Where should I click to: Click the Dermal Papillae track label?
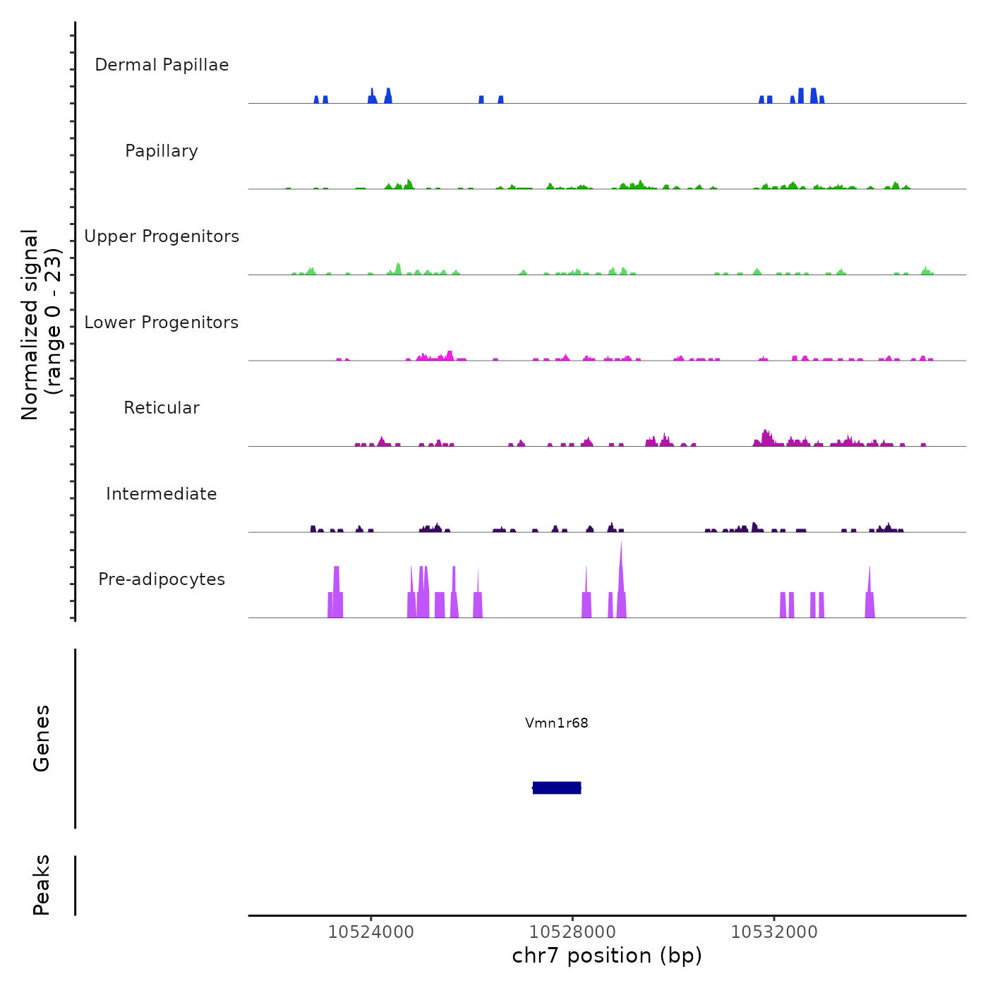pyautogui.click(x=162, y=65)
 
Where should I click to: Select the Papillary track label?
pyautogui.click(x=162, y=151)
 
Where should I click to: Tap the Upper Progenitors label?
pyautogui.click(x=162, y=236)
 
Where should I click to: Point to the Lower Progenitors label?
pyautogui.click(x=162, y=323)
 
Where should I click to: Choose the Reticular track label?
pyautogui.click(x=162, y=408)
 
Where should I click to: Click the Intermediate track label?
pyautogui.click(x=162, y=494)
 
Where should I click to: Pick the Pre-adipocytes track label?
pyautogui.click(x=162, y=579)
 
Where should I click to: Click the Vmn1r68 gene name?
pyautogui.click(x=556, y=723)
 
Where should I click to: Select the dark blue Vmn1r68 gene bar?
pyautogui.click(x=557, y=788)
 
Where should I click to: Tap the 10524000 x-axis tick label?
pyautogui.click(x=371, y=932)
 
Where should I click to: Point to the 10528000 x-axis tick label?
pyautogui.click(x=572, y=932)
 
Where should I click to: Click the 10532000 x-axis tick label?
pyautogui.click(x=774, y=932)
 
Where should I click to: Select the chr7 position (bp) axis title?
pyautogui.click(x=607, y=956)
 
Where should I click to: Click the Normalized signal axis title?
pyautogui.click(x=41, y=325)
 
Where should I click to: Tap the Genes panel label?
pyautogui.click(x=42, y=738)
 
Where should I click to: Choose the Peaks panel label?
pyautogui.click(x=42, y=885)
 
